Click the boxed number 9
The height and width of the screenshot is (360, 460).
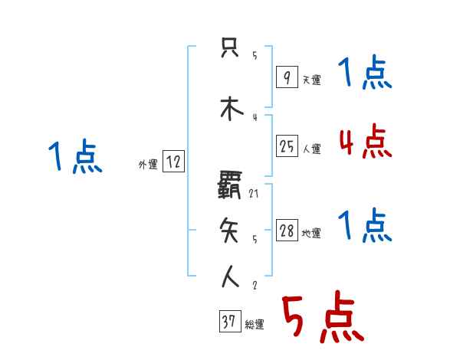(287, 77)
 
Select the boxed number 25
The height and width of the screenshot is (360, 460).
(287, 147)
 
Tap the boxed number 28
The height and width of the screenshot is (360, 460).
(287, 231)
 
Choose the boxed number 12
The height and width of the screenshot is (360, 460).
(173, 162)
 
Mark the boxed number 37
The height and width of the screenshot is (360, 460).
(229, 322)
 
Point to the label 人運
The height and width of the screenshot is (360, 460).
(311, 149)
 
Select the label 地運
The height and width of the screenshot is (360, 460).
(311, 234)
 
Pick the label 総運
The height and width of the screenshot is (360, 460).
(255, 325)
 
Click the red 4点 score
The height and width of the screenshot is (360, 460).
(366, 141)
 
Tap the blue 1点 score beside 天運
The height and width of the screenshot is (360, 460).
(365, 74)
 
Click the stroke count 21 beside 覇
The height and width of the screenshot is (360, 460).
(255, 194)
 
